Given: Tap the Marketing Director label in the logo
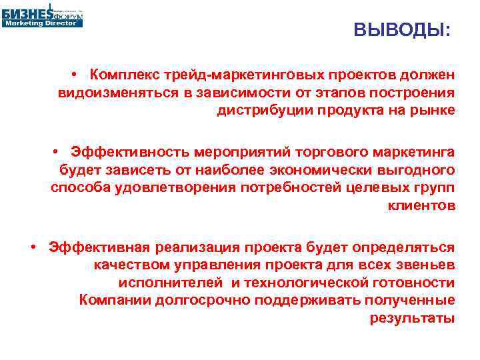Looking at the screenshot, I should coord(43,23).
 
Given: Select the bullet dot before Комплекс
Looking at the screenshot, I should coord(78,73).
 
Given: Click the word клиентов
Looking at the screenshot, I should coord(421,206).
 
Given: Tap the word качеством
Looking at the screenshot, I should coord(129,265).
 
